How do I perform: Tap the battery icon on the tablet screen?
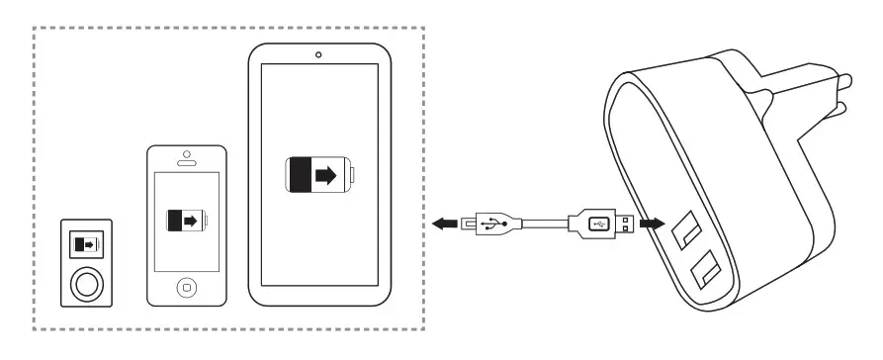click(319, 176)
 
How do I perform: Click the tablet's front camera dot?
click(318, 54)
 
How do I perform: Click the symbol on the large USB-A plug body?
click(597, 224)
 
